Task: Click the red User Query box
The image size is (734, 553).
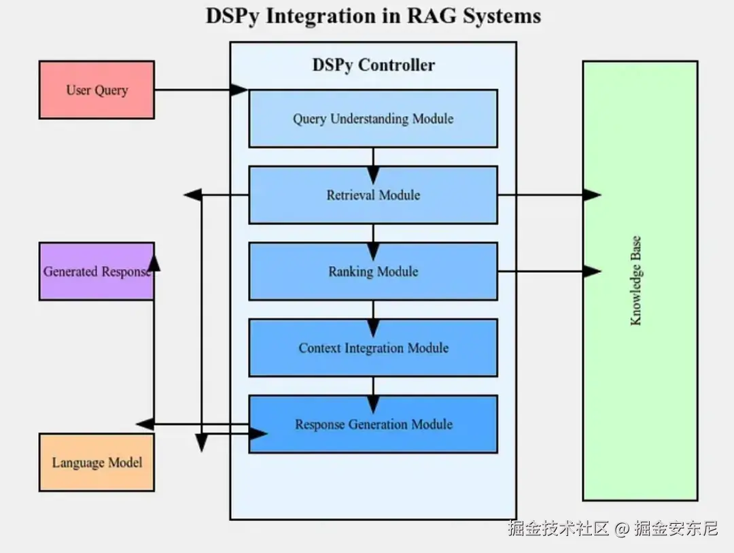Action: (x=97, y=90)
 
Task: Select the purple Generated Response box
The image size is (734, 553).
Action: (x=97, y=271)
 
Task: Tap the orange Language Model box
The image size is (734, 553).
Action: (x=97, y=463)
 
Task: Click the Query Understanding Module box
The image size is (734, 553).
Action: (x=373, y=118)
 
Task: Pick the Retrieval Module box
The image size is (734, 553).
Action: (x=373, y=195)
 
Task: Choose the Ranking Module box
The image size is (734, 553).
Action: (x=373, y=271)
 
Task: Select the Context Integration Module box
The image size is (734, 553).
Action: (x=373, y=348)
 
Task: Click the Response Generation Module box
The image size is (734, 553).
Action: (x=373, y=424)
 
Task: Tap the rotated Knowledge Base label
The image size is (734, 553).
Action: (x=636, y=281)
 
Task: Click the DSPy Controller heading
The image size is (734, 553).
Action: (x=373, y=65)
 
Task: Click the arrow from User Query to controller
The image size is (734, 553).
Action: (x=200, y=90)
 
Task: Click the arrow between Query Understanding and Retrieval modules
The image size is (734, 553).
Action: (x=373, y=157)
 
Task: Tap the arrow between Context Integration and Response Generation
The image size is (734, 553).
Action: (x=373, y=386)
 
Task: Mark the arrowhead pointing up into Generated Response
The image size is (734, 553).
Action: (x=154, y=262)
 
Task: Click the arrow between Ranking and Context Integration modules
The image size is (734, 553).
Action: (x=373, y=310)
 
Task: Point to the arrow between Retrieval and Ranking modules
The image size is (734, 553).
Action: (x=373, y=233)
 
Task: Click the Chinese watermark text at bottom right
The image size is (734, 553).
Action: (x=612, y=528)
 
